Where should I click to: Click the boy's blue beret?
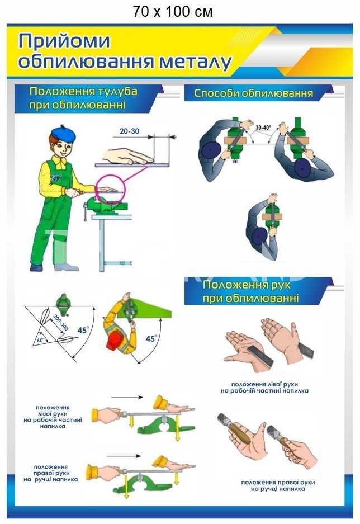(x=63, y=133)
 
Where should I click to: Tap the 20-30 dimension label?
(x=130, y=131)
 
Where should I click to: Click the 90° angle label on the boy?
(x=56, y=178)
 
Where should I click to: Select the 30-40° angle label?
(x=263, y=128)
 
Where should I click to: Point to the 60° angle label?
(x=41, y=341)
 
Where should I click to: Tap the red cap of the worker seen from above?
(x=115, y=341)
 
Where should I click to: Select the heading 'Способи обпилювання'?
(x=254, y=93)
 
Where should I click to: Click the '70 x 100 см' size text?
(x=173, y=12)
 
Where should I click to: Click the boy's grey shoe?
(x=66, y=267)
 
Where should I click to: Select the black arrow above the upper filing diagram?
(x=127, y=398)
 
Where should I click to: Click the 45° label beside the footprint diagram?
(x=83, y=330)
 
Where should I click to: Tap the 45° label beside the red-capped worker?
(x=151, y=338)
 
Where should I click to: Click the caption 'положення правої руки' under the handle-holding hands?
(x=278, y=483)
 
